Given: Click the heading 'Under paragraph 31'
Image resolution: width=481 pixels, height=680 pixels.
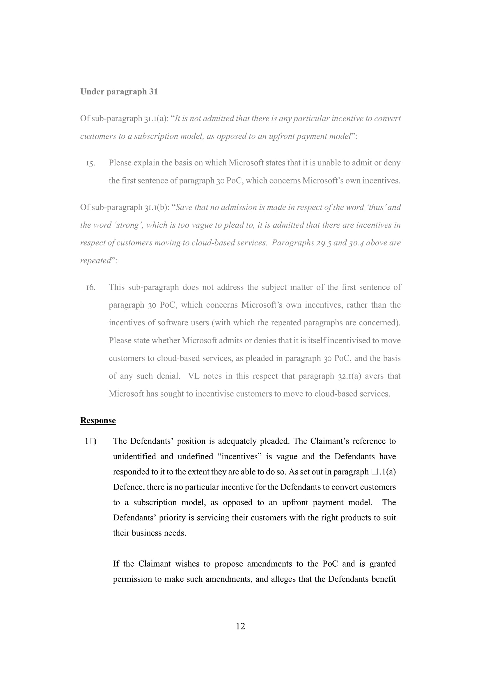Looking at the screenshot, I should [x=119, y=92].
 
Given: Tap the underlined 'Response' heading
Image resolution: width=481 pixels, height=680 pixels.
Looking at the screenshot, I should [x=98, y=421].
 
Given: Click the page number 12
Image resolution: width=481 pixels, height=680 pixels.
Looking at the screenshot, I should [x=240, y=626].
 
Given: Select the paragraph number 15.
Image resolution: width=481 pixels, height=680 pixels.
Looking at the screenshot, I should [x=90, y=163].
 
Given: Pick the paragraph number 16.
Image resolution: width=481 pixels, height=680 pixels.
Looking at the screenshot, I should [x=90, y=287].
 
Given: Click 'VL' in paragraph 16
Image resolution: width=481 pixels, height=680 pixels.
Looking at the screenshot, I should [x=194, y=376].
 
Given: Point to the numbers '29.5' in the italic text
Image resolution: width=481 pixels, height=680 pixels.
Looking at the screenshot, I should [x=323, y=243].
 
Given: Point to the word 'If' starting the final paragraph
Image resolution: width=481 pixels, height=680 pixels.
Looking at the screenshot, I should [x=116, y=564].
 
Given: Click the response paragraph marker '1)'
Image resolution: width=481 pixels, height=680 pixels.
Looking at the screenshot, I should [x=90, y=441].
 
